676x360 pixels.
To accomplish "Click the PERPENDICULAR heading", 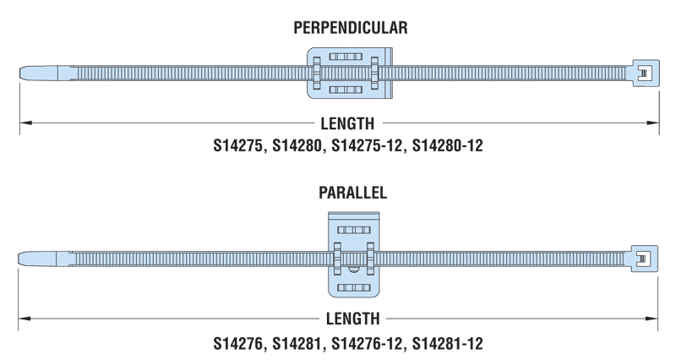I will [x=351, y=28].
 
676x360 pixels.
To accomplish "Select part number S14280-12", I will [x=447, y=145].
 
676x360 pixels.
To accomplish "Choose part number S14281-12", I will [x=447, y=343].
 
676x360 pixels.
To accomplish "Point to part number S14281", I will [x=292, y=343].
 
